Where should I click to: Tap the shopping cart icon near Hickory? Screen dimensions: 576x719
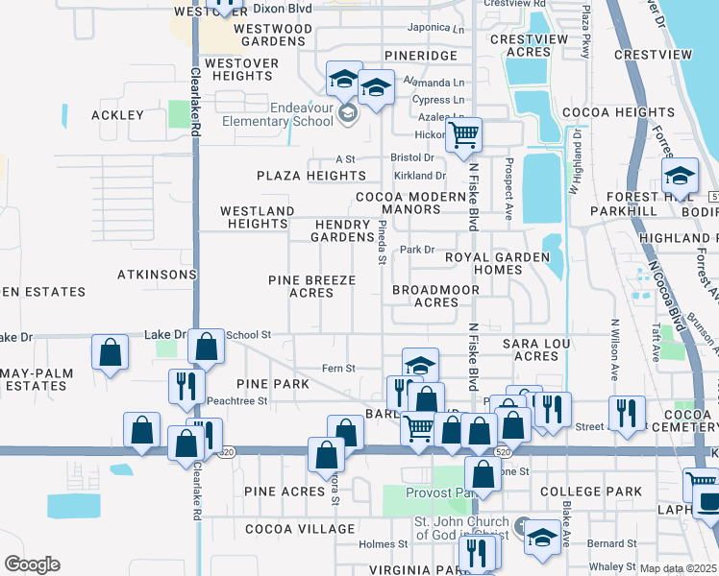464,135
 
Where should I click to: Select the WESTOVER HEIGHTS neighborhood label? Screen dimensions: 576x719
240,70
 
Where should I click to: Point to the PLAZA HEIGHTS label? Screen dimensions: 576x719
310,176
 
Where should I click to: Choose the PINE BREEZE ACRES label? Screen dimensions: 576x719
311,286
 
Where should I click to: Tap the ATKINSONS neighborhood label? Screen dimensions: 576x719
157,275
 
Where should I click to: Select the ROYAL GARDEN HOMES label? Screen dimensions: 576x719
497,263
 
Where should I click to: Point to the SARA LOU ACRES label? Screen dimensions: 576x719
536,349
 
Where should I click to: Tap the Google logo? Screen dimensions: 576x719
32,564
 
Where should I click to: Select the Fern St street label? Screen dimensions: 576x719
338,368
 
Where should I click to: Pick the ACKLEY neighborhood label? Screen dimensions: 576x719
117,115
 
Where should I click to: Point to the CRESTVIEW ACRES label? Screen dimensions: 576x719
528,45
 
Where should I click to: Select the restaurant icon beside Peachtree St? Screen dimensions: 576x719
186,385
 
